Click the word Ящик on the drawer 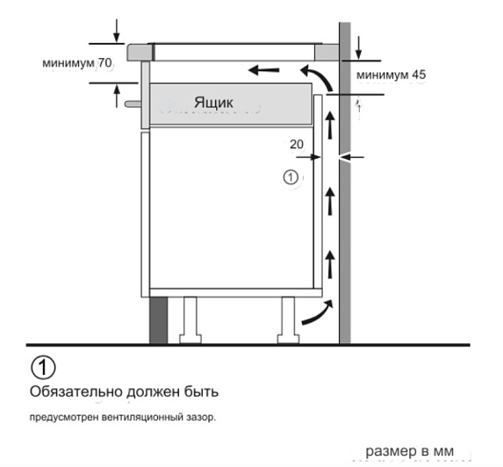[213, 103]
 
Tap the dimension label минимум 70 [77, 63]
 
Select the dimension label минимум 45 [391, 75]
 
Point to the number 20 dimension [297, 144]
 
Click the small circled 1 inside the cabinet [291, 177]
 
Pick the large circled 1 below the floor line [43, 368]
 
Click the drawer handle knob [133, 104]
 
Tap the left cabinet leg [190, 320]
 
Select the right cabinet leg [288, 320]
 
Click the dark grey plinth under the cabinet [159, 320]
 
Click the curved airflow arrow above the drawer [318, 77]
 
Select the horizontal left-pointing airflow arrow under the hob [264, 69]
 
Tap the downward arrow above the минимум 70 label [117, 31]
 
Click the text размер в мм [410, 451]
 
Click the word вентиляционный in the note [143, 418]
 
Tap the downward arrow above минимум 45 [359, 47]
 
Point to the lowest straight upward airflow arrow [330, 264]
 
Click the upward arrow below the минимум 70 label [117, 96]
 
